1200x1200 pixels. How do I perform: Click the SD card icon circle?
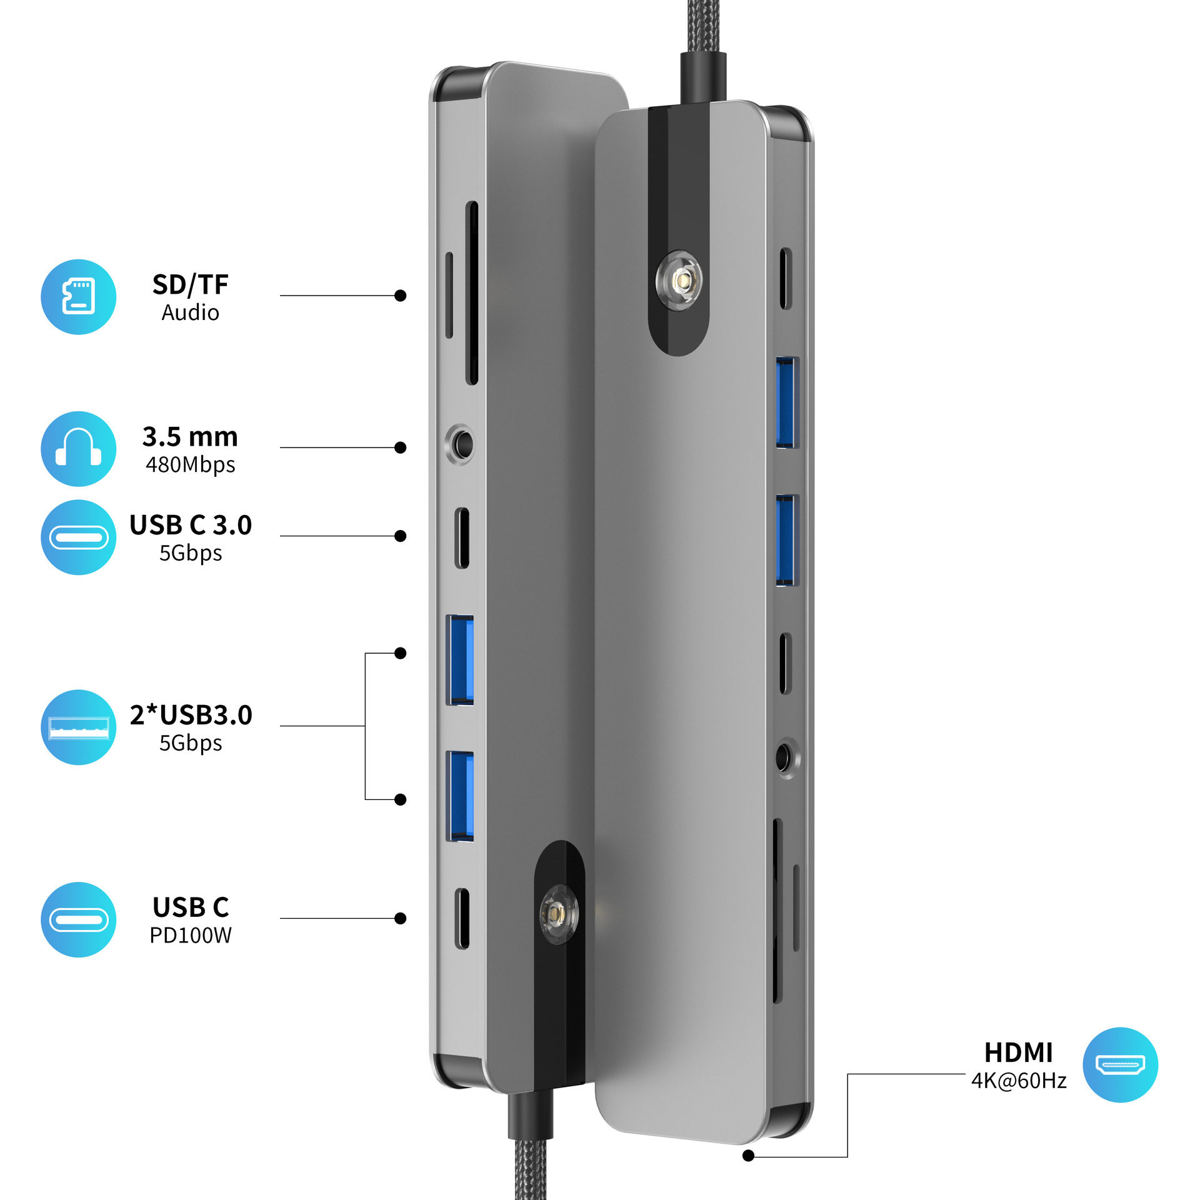(x=78, y=296)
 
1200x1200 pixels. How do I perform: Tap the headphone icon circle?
(x=78, y=448)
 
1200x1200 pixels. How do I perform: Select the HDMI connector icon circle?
(x=1120, y=1064)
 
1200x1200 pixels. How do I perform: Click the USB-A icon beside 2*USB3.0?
(x=78, y=727)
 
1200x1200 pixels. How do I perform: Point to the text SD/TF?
(x=191, y=284)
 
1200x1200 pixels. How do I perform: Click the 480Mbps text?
(x=191, y=465)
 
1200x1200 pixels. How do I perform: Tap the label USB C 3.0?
(x=191, y=525)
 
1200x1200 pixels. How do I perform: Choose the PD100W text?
(x=191, y=935)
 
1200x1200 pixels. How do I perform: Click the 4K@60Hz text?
(x=1019, y=1081)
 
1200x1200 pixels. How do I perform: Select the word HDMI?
(x=1019, y=1052)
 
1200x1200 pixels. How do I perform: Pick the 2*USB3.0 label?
(x=191, y=715)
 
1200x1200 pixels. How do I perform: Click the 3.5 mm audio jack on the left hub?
(x=461, y=444)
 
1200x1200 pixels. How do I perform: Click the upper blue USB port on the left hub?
(x=459, y=659)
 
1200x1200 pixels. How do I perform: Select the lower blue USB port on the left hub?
(x=459, y=796)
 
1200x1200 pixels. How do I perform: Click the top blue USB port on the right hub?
(x=787, y=402)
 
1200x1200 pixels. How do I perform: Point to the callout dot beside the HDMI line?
(x=748, y=1156)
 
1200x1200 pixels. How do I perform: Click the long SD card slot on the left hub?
(x=472, y=292)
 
